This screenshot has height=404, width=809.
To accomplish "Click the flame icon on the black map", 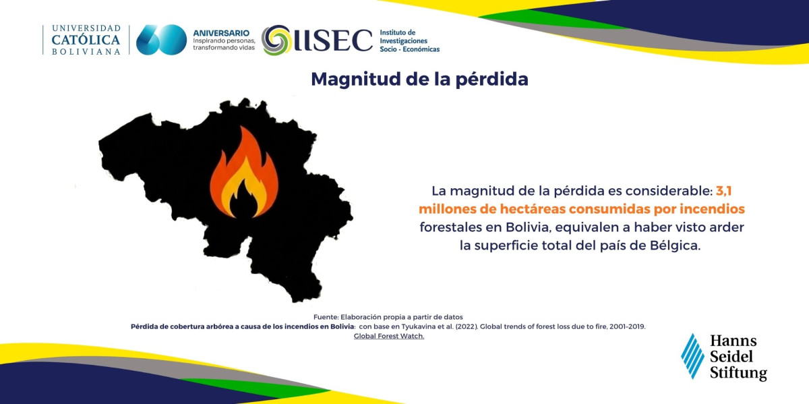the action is [x=244, y=173].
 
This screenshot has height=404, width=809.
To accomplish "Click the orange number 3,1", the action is [x=724, y=191].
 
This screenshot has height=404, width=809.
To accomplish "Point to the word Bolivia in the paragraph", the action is [x=529, y=227].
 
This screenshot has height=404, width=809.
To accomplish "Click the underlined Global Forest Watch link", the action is [x=389, y=336].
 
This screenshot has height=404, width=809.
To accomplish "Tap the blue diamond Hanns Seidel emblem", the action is [x=692, y=356].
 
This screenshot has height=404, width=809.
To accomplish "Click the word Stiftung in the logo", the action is [x=738, y=373].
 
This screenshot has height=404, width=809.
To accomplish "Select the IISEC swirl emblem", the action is [x=276, y=40].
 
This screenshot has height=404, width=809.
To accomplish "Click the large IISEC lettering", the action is [x=333, y=40].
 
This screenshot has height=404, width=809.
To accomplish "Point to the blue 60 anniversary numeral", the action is [x=161, y=40].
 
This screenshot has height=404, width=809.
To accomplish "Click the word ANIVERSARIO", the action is [x=221, y=33].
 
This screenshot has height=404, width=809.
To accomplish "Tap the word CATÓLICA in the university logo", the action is [x=86, y=40].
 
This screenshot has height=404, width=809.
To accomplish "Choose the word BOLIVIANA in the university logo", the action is [x=86, y=52].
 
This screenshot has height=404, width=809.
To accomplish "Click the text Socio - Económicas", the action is [x=410, y=49].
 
